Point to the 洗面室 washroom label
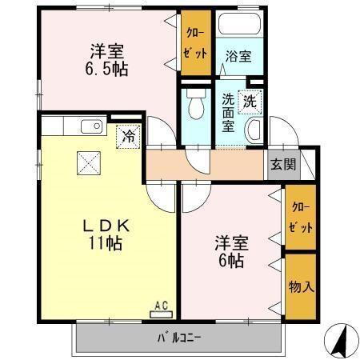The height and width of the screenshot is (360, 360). click(230, 113)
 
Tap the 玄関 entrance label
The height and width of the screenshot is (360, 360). click(282, 165)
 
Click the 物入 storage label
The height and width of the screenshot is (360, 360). click(301, 286)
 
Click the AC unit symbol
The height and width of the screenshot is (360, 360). click(160, 306)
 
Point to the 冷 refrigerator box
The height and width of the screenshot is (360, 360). click(128, 136)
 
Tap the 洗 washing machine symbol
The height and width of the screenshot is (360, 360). click(250, 102)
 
